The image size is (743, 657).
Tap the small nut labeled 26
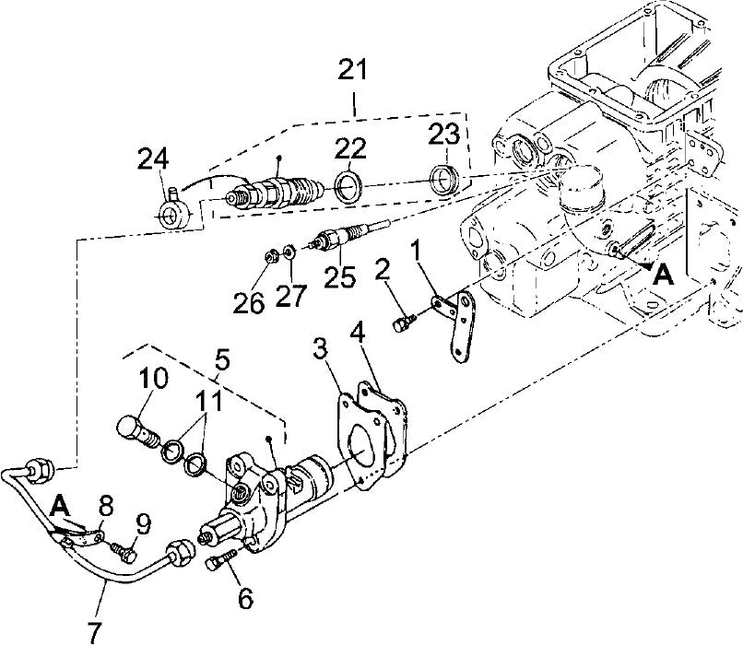270,254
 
